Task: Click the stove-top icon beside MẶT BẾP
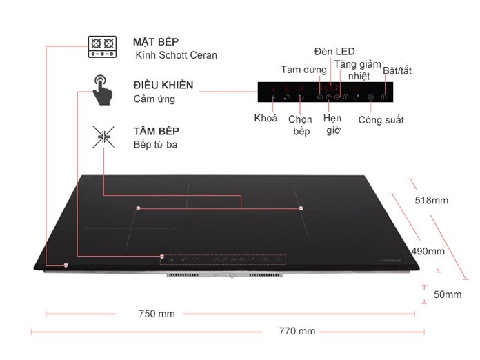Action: click(x=102, y=46)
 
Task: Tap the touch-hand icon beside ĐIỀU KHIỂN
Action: click(x=102, y=90)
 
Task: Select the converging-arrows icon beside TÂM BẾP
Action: click(x=103, y=137)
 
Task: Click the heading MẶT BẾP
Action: click(x=156, y=41)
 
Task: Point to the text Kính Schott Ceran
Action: click(x=176, y=55)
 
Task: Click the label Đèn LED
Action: click(x=334, y=52)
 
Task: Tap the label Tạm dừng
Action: click(x=303, y=70)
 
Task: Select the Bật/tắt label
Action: click(x=397, y=71)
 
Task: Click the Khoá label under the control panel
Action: click(x=266, y=118)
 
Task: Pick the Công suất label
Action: click(x=381, y=120)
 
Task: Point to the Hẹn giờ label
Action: click(x=332, y=124)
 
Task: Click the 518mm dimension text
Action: click(x=432, y=200)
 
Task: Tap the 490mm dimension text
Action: click(x=428, y=251)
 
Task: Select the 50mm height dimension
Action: click(x=448, y=294)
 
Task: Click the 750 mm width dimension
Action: click(x=157, y=314)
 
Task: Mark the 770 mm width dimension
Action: click(x=297, y=331)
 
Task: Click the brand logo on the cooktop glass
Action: click(x=390, y=261)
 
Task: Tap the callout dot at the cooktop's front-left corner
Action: click(x=66, y=265)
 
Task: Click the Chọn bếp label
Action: click(x=300, y=126)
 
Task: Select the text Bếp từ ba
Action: click(x=155, y=145)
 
